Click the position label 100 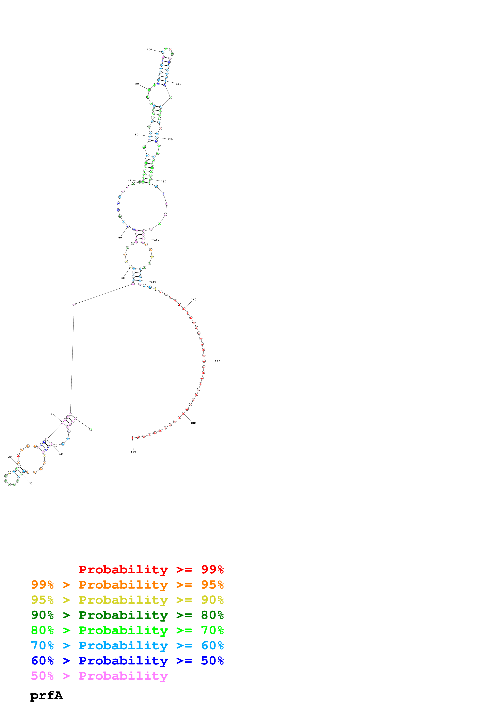[x=149, y=49]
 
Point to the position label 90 [x=137, y=84]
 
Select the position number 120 [x=170, y=139]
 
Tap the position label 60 [x=120, y=237]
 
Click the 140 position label [x=157, y=240]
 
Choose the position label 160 [x=194, y=299]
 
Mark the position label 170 [x=217, y=361]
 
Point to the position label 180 [x=193, y=423]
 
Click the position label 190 [x=133, y=452]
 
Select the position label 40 [x=52, y=413]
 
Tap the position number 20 [x=31, y=483]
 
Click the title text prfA [x=46, y=695]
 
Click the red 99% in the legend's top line [x=212, y=569]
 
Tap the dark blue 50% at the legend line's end [x=212, y=661]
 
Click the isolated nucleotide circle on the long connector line [x=74, y=304]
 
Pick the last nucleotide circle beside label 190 [x=132, y=438]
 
